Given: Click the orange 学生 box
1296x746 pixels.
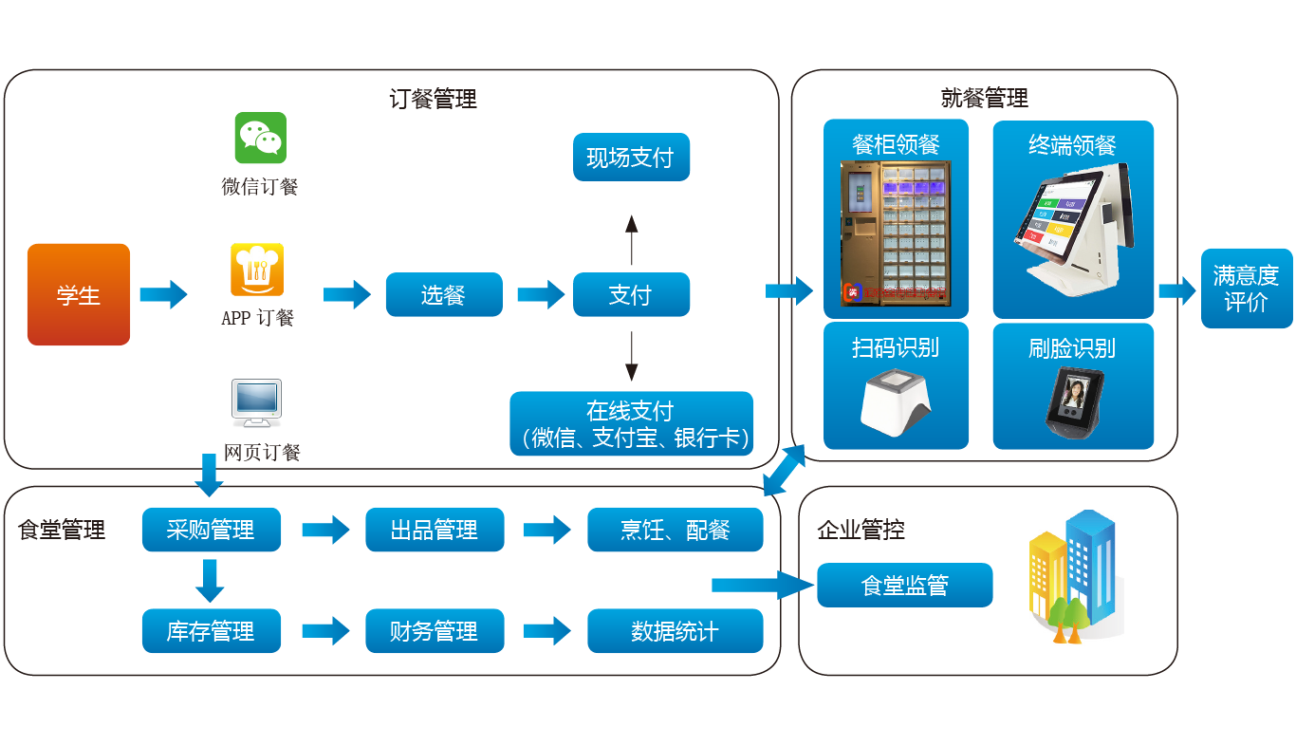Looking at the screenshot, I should (x=79, y=294).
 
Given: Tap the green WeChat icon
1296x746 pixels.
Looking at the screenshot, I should (x=260, y=138).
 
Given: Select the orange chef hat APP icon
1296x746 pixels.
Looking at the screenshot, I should (x=257, y=270).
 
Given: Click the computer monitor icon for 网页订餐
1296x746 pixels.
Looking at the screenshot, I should (x=256, y=404).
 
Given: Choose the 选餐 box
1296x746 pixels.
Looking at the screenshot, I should (x=443, y=294).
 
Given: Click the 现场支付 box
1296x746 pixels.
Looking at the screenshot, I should (x=631, y=158).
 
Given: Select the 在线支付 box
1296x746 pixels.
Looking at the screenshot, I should (x=631, y=423).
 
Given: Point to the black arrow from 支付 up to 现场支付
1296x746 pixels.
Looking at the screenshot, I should (x=631, y=240).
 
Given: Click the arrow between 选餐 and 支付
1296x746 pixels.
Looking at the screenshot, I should (x=540, y=294).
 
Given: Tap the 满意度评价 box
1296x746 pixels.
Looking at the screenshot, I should (x=1246, y=289).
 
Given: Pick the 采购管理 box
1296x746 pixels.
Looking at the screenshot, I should (x=211, y=530).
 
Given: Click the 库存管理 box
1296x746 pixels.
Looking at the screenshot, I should (x=211, y=631).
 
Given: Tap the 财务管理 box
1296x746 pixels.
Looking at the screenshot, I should (x=435, y=631).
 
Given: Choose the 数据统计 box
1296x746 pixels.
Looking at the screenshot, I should (x=675, y=631).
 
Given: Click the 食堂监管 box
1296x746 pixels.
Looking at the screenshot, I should (x=904, y=586).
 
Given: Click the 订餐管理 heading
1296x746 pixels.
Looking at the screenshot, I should (x=433, y=99).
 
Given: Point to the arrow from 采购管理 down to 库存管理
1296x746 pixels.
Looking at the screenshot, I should (x=210, y=580).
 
